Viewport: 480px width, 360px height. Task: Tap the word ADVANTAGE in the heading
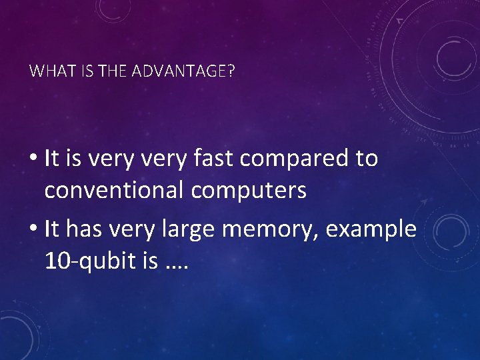point(181,71)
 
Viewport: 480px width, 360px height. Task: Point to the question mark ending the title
point(231,71)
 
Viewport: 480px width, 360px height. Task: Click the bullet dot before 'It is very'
point(33,159)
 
